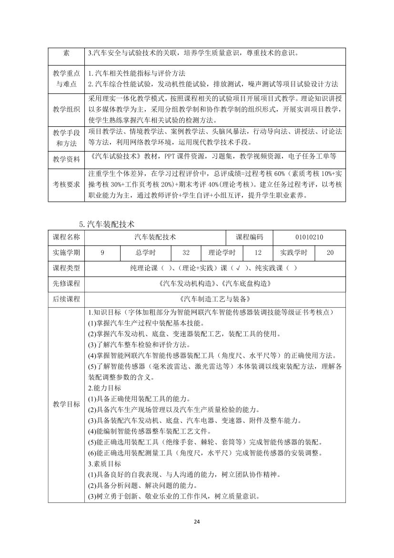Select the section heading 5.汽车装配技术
(x=107, y=224)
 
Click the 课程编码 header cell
(x=253, y=237)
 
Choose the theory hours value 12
(x=258, y=253)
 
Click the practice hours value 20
(x=330, y=253)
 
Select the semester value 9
(x=102, y=253)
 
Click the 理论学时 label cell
(x=222, y=253)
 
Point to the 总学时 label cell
(x=146, y=253)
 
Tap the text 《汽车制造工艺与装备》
(x=214, y=299)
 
